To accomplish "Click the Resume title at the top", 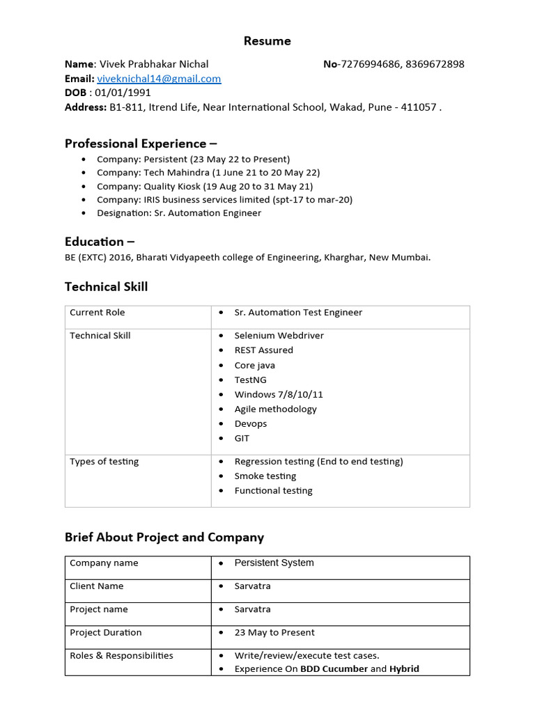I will [x=267, y=41].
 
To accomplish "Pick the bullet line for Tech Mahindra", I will [x=208, y=173].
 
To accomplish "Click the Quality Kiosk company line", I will [x=205, y=187].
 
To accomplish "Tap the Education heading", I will [x=100, y=242].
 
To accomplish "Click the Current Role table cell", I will [x=98, y=313].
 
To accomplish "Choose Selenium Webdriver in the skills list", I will [x=279, y=336].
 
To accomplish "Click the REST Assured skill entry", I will [x=263, y=350].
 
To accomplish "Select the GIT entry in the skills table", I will [x=242, y=439].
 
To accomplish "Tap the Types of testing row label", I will [x=104, y=462].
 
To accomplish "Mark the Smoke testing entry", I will [x=265, y=476].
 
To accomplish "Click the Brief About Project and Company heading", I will [x=164, y=538].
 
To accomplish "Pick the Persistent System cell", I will [x=274, y=563].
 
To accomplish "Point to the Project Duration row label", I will [x=105, y=633].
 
